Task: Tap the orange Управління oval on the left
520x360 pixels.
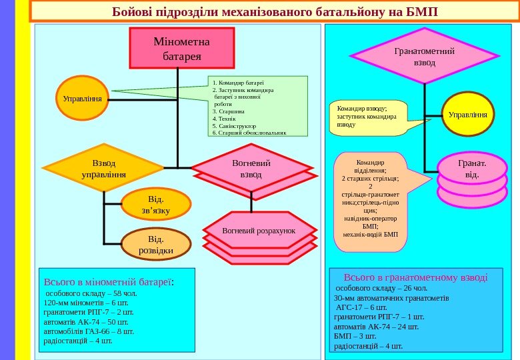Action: click(x=82, y=99)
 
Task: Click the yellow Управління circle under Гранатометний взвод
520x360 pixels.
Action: click(x=467, y=114)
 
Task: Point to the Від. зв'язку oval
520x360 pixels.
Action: click(x=156, y=205)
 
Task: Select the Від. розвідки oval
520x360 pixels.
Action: click(x=156, y=244)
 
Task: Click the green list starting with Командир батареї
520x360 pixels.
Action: click(x=258, y=106)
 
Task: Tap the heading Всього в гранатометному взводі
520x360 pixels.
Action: click(x=416, y=277)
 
